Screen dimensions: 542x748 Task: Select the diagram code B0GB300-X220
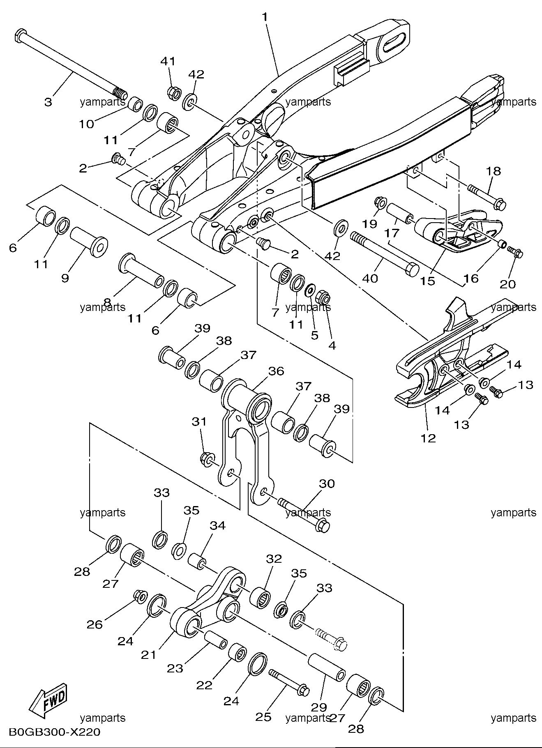pyautogui.click(x=54, y=732)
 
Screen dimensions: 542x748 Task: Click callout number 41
pyautogui.click(x=168, y=61)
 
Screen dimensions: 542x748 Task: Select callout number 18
pyautogui.click(x=494, y=171)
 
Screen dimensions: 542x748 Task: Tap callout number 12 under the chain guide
pyautogui.click(x=428, y=438)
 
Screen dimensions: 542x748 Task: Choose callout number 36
pyautogui.click(x=276, y=371)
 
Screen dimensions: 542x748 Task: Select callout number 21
pyautogui.click(x=149, y=654)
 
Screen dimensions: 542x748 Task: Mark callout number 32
pyautogui.click(x=274, y=559)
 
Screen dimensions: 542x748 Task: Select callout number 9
pyautogui.click(x=65, y=278)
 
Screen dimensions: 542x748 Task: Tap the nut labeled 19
pyautogui.click(x=380, y=203)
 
